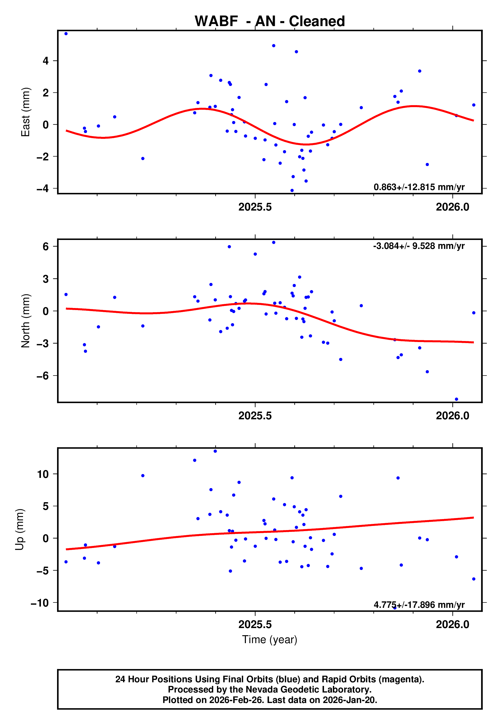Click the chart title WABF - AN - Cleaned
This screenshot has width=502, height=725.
[x=270, y=21]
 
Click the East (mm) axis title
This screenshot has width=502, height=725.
[x=26, y=112]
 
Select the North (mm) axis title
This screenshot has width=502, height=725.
[x=26, y=321]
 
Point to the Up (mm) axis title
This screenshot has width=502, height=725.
[x=19, y=530]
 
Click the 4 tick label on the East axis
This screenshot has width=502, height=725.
[x=46, y=61]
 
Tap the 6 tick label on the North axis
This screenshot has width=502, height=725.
[x=46, y=247]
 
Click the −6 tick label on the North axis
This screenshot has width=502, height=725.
[x=43, y=376]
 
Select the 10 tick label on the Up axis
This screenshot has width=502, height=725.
[x=43, y=474]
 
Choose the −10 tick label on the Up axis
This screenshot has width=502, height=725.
[x=40, y=603]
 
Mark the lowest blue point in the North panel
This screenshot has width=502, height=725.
[x=456, y=399]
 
